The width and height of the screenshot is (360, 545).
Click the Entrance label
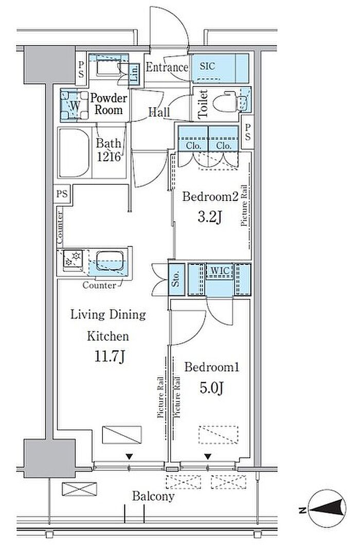(167, 67)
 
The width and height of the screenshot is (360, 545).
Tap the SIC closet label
(207, 66)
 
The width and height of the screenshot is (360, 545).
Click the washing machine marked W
(75, 105)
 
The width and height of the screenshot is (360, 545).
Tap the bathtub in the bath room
(74, 153)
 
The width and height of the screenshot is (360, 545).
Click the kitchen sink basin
(109, 261)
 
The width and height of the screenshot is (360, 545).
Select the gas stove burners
(73, 259)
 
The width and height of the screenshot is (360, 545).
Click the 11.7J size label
(110, 357)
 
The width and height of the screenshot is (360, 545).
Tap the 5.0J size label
(211, 388)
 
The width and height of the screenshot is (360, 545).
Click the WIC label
(220, 270)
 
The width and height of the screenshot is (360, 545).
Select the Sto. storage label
(176, 279)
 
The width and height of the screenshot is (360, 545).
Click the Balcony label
(153, 496)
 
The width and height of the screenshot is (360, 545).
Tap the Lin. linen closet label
(134, 74)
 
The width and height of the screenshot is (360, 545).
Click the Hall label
(159, 112)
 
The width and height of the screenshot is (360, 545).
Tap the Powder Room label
(109, 104)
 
